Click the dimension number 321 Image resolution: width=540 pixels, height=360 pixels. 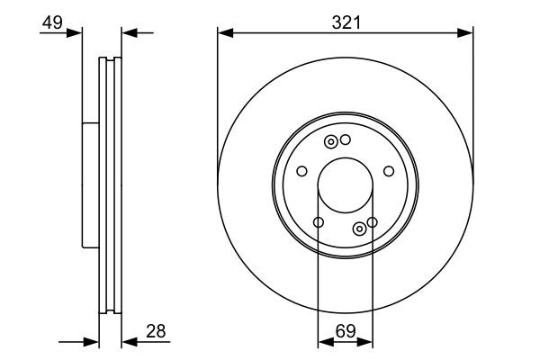pos(346,22)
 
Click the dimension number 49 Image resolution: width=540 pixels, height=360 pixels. pos(52,22)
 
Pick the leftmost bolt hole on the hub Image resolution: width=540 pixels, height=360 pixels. pos(302,171)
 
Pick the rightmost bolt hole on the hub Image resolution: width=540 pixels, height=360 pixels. pos(389,171)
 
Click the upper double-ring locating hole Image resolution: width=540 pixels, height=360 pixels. pos(331,141)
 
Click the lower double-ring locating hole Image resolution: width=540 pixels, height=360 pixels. pos(360,228)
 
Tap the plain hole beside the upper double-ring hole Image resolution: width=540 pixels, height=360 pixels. pos(345,139)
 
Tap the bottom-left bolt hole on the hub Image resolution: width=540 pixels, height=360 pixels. pos(319,222)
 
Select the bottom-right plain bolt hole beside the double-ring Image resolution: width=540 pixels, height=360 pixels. pos(372,221)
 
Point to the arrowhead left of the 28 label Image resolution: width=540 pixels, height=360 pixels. pos(128,342)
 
